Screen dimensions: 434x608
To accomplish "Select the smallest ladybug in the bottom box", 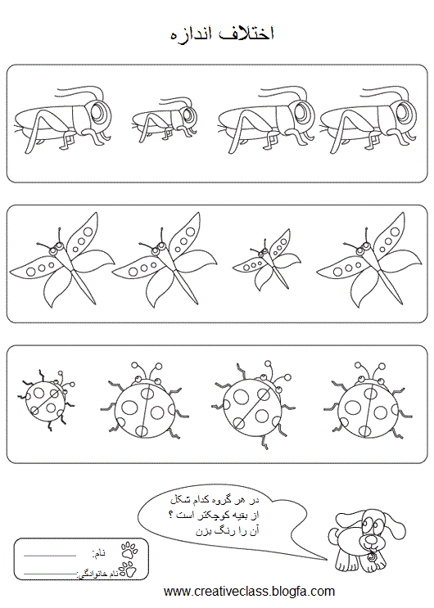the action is pyautogui.click(x=46, y=399).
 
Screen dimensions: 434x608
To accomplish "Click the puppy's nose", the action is pyautogui.click(x=372, y=539).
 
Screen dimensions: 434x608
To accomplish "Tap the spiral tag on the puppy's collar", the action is pyautogui.click(x=372, y=557).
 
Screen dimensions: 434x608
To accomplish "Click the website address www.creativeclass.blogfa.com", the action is pyautogui.click(x=249, y=591).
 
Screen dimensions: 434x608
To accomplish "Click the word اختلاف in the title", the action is pyautogui.click(x=246, y=34).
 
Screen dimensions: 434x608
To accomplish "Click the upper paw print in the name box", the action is pyautogui.click(x=129, y=550).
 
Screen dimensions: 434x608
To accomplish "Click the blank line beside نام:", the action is pyautogui.click(x=50, y=556).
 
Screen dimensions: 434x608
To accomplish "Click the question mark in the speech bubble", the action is pyautogui.click(x=171, y=516).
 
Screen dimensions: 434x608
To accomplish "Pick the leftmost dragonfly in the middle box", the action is pyautogui.click(x=62, y=259).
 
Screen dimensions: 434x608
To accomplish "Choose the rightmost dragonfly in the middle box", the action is pyautogui.click(x=368, y=259).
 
